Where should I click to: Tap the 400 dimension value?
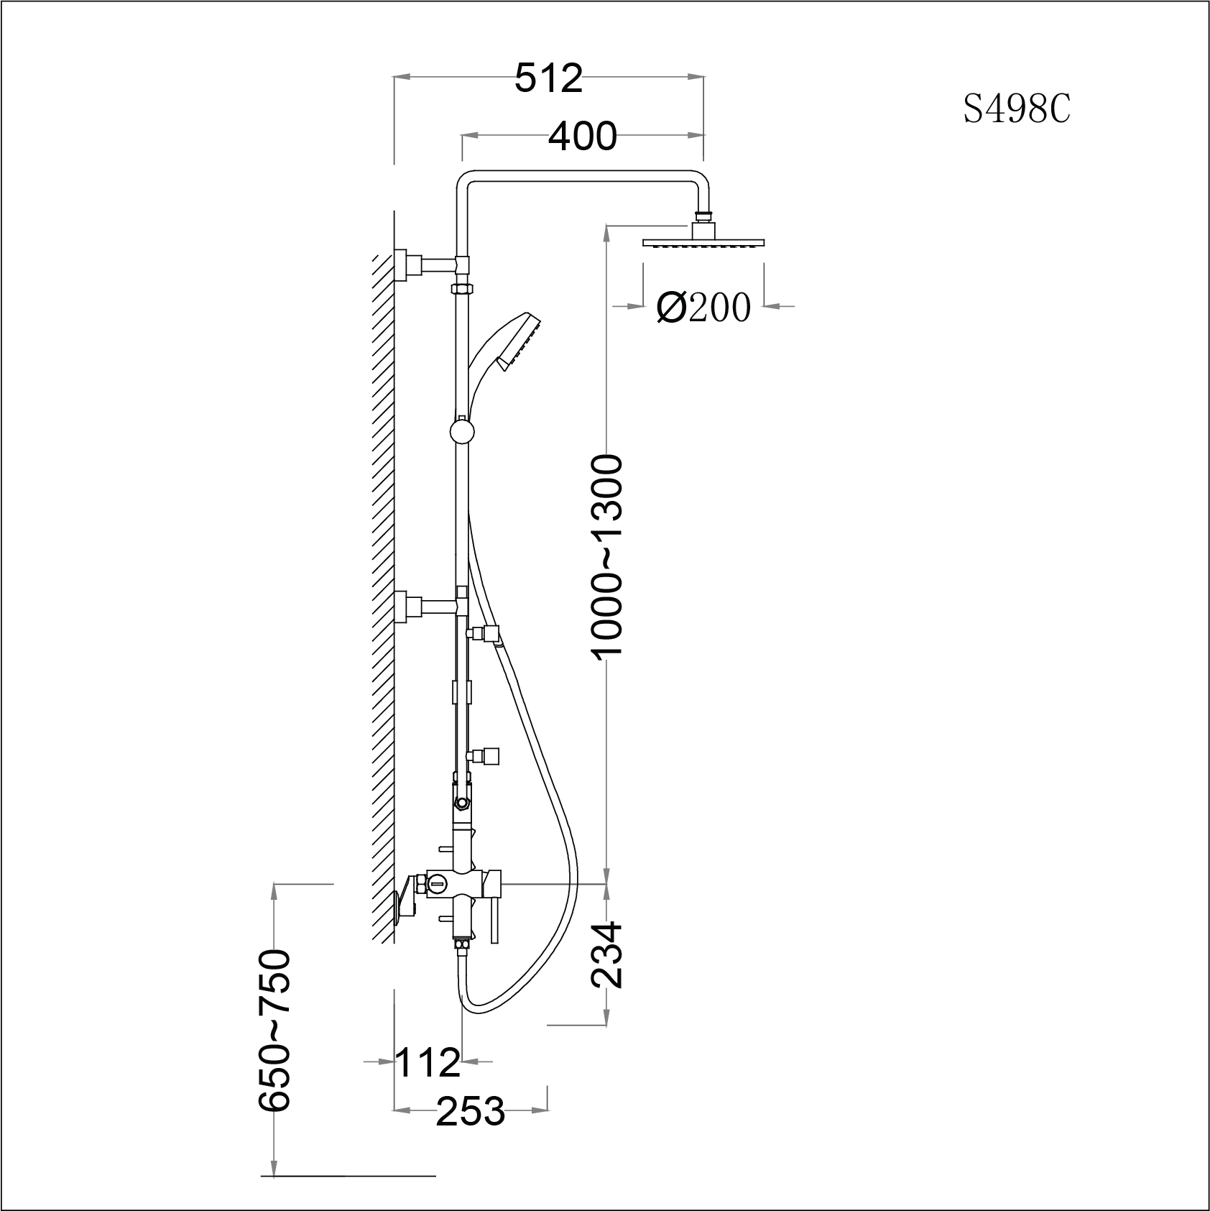(x=582, y=136)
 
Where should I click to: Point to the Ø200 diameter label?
(x=703, y=308)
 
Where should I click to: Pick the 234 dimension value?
(x=605, y=954)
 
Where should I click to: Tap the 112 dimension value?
(x=428, y=1062)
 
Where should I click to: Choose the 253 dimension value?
(x=471, y=1111)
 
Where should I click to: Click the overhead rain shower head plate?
(x=704, y=244)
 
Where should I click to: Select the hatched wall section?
(x=382, y=575)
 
